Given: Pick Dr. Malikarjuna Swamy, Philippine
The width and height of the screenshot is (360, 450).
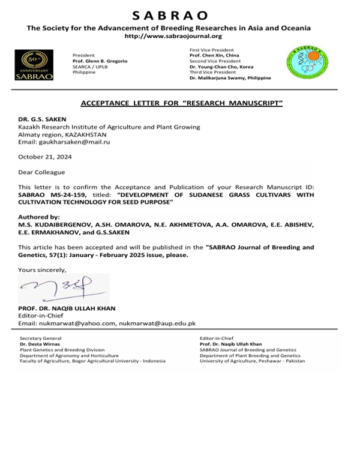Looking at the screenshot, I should click(x=230, y=78).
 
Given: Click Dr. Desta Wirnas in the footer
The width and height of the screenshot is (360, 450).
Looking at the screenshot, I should click(x=39, y=344).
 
